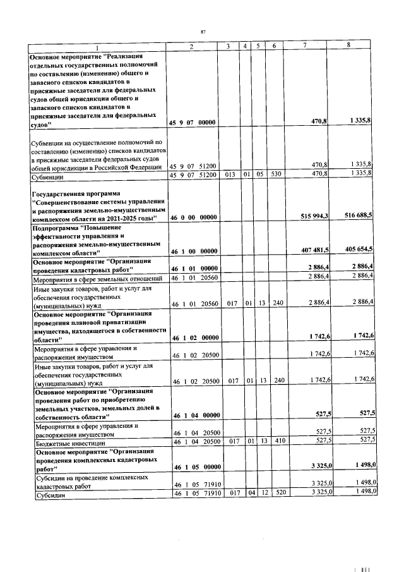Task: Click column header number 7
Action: click(x=305, y=46)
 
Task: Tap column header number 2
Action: click(x=191, y=46)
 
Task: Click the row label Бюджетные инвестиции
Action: click(x=66, y=442)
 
